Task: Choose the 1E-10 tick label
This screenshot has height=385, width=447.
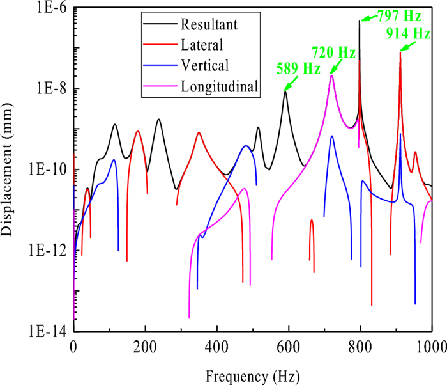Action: [50, 169]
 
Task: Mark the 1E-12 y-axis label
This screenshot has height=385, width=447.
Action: [50, 250]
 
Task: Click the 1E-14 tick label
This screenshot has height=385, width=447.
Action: [50, 331]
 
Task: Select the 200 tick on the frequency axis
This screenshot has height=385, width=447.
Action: [145, 346]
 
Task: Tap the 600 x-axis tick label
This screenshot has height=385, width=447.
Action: [289, 346]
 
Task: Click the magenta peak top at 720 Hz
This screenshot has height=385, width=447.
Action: [332, 75]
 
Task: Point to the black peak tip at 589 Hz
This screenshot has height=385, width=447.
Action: [285, 91]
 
